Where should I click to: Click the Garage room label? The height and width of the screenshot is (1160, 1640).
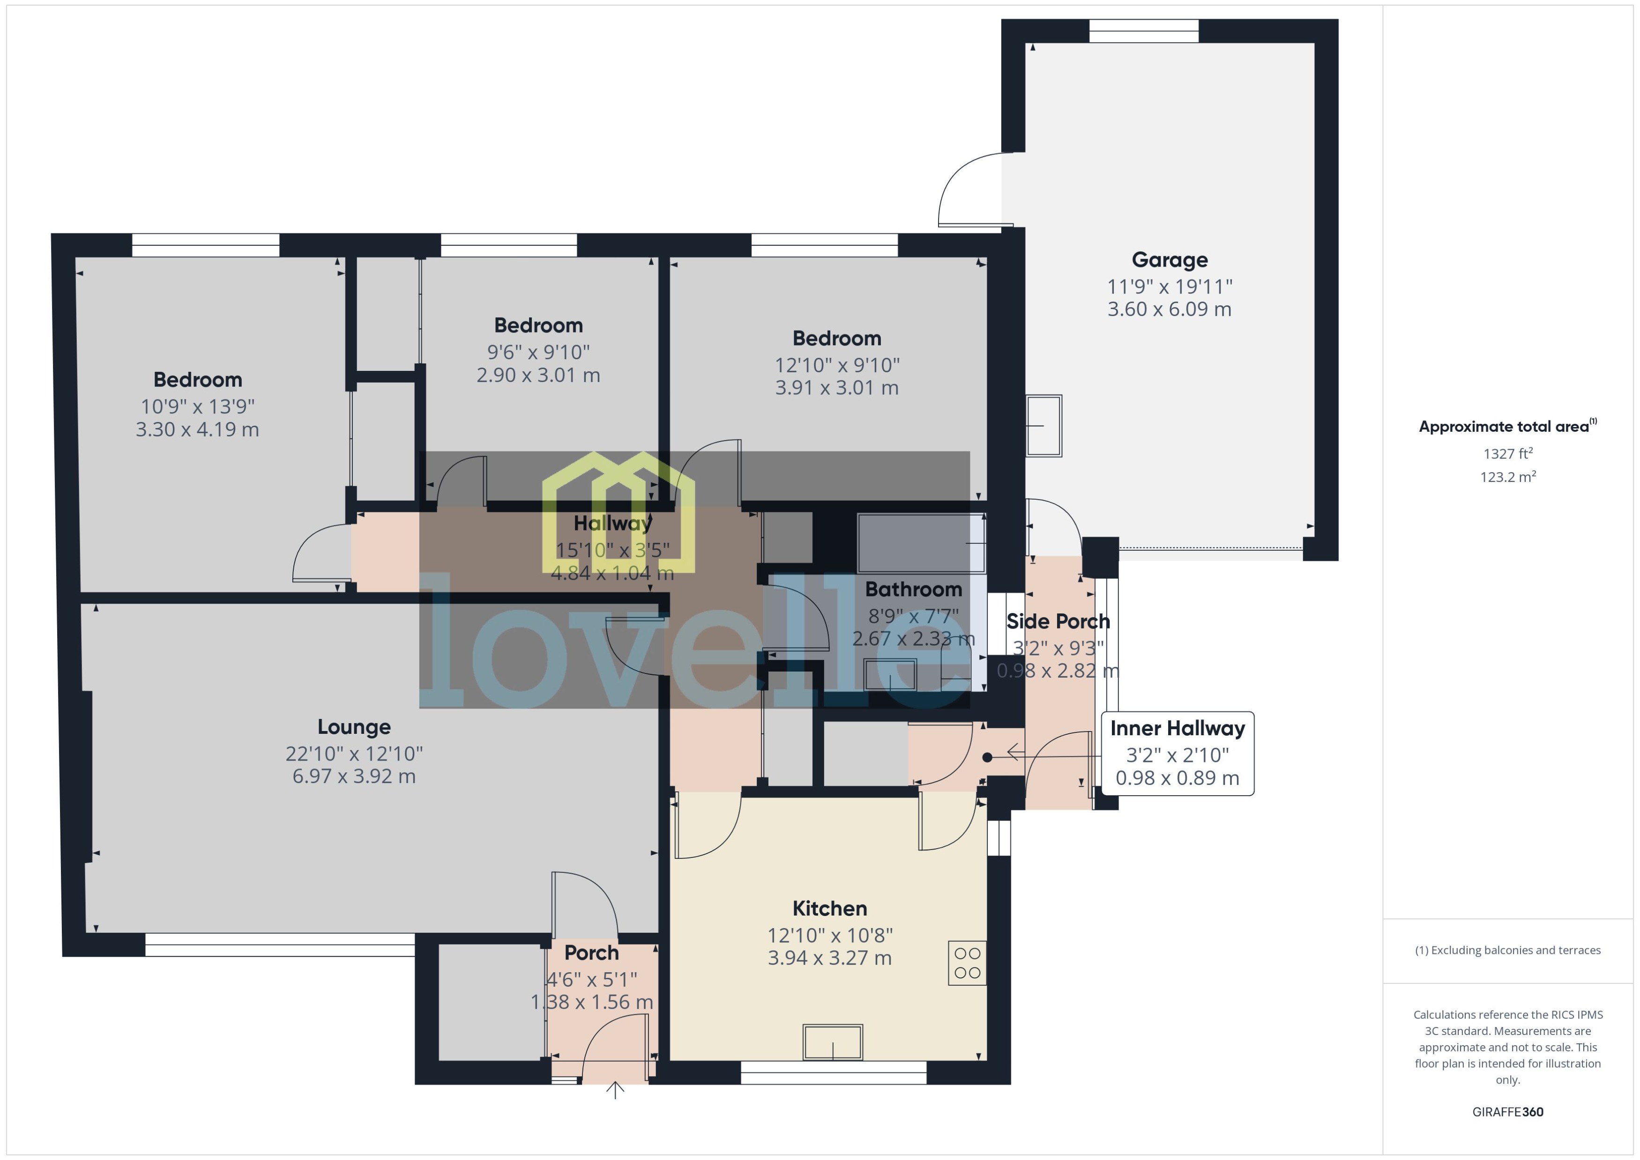[x=1169, y=260]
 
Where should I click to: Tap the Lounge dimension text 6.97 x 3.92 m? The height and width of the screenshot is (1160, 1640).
[x=354, y=776]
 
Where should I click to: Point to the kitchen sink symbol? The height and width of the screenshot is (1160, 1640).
[x=833, y=1042]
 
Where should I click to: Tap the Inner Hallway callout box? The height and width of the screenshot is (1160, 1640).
[x=1177, y=753]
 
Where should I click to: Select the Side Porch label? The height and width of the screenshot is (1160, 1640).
[x=1058, y=621]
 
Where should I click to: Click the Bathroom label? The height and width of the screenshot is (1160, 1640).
[x=913, y=589]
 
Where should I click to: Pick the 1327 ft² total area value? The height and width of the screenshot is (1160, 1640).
[x=1507, y=454]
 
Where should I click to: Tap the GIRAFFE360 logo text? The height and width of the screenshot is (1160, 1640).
[x=1507, y=1112]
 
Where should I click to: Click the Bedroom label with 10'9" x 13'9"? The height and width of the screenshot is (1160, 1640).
[x=197, y=380]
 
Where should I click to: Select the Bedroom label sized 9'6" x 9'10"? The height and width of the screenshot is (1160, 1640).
[x=538, y=326]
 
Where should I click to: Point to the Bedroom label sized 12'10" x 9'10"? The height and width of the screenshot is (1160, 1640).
[x=836, y=339]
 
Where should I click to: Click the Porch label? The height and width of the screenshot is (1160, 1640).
[x=591, y=953]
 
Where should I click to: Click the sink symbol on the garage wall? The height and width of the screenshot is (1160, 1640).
[x=1044, y=426]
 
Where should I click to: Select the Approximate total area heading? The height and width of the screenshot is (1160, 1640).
[x=1507, y=427]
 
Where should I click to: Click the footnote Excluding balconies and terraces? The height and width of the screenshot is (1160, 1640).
[x=1507, y=950]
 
